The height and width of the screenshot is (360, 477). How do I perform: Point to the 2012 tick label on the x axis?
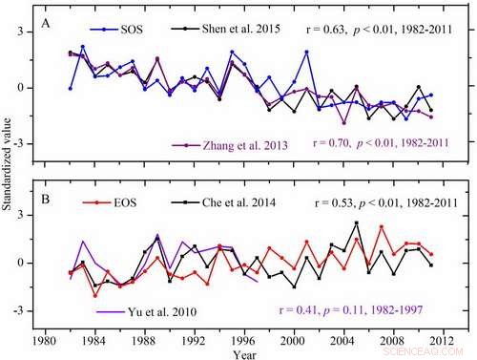tap(456, 337)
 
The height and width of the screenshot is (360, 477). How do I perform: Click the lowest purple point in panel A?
tap(343, 123)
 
